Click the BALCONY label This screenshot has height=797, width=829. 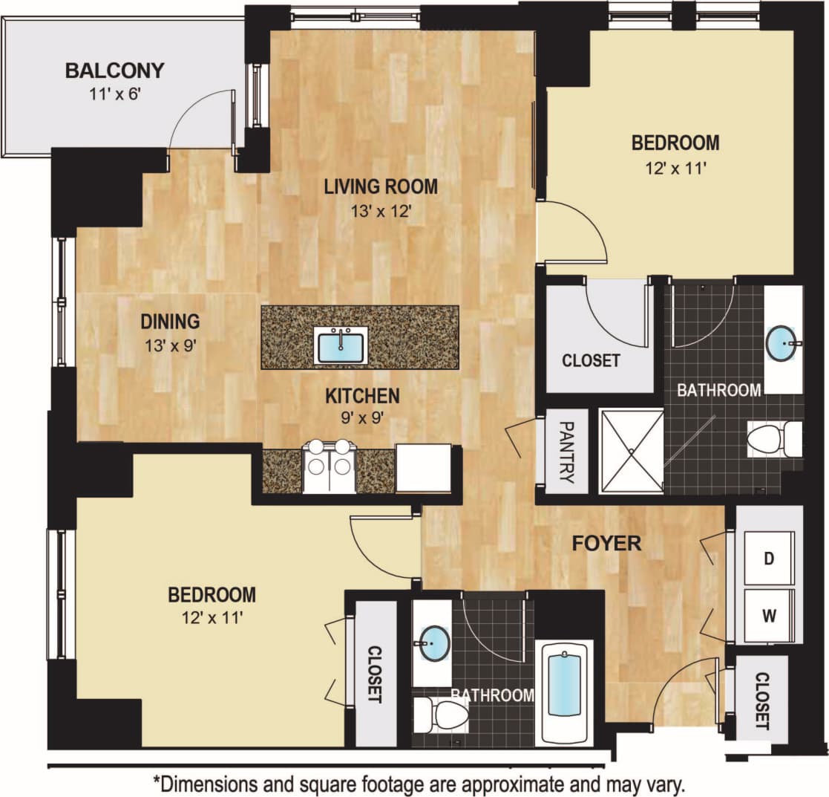click(x=114, y=71)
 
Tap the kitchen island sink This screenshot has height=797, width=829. click(x=341, y=345)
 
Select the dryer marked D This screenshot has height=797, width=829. click(x=769, y=558)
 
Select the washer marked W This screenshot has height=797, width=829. click(x=769, y=615)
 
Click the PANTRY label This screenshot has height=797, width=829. click(x=567, y=452)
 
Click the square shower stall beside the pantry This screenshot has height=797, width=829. click(x=631, y=451)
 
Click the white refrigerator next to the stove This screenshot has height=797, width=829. click(x=423, y=468)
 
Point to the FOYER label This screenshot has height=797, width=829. click(x=606, y=543)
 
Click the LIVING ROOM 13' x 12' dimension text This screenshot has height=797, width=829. click(x=381, y=211)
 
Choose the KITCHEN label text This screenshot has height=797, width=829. click(x=362, y=396)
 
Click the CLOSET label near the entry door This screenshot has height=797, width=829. click(x=761, y=700)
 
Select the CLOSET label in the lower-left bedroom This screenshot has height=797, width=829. click(x=374, y=674)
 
